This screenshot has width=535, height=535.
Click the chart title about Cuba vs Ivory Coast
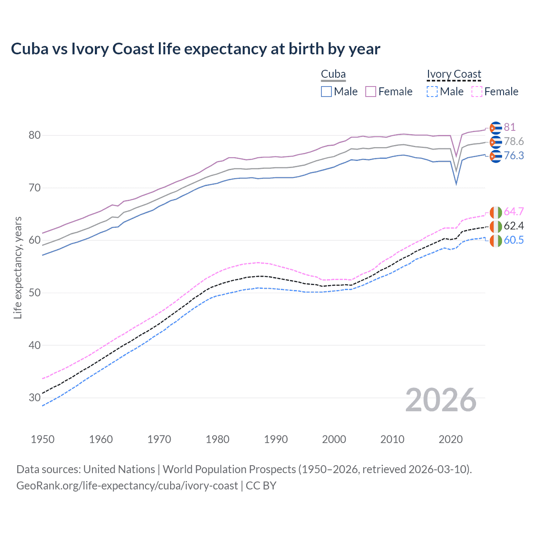pyautogui.click(x=195, y=49)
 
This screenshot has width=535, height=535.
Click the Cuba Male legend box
pyautogui.click(x=326, y=92)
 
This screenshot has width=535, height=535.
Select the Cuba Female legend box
pyautogui.click(x=371, y=92)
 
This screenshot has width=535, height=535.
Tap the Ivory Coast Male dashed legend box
pyautogui.click(x=432, y=92)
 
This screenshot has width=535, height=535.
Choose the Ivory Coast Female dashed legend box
pyautogui.click(x=476, y=92)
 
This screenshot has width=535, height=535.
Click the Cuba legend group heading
pyautogui.click(x=333, y=74)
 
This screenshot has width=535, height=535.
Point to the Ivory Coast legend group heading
pyautogui.click(x=454, y=74)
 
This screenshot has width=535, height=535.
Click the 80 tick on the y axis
pyautogui.click(x=35, y=135)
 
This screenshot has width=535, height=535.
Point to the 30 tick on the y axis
pyautogui.click(x=35, y=397)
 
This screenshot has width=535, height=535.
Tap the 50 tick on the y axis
pyautogui.click(x=35, y=293)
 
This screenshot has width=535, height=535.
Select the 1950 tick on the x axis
pyautogui.click(x=43, y=439)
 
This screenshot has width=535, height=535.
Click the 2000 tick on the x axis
pyautogui.click(x=334, y=439)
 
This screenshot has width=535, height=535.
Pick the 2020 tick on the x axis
pyautogui.click(x=451, y=439)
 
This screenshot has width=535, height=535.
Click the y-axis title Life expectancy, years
pyautogui.click(x=18, y=267)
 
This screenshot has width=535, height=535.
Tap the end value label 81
pyautogui.click(x=510, y=127)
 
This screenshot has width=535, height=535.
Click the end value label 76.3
pyautogui.click(x=514, y=155)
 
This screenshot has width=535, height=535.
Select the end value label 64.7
pyautogui.click(x=514, y=211)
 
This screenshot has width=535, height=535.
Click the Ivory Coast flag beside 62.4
pyautogui.click(x=495, y=227)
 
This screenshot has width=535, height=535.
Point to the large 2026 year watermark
pyautogui.click(x=441, y=400)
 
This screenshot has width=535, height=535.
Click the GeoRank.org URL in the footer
pyautogui.click(x=127, y=486)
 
